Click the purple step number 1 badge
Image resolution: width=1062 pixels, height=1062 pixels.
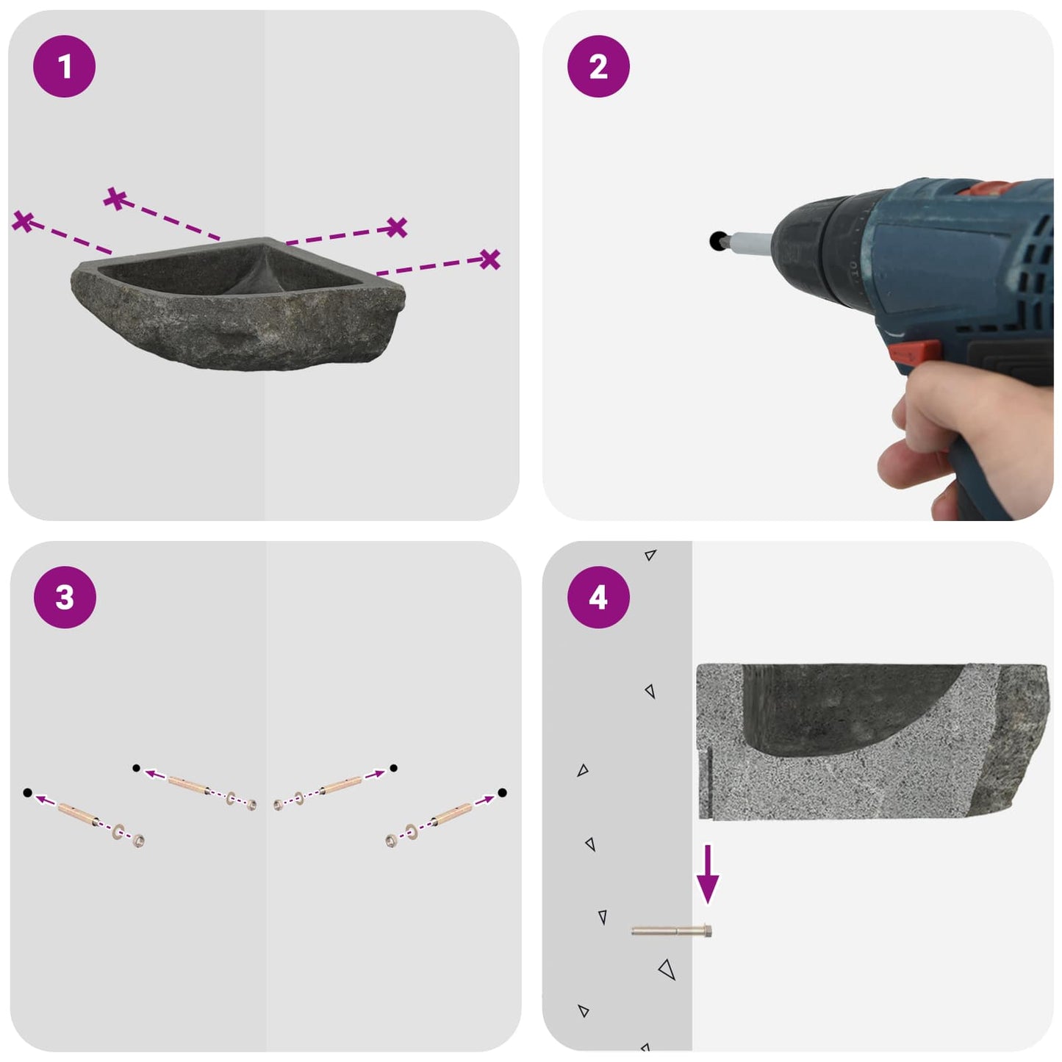(65, 66)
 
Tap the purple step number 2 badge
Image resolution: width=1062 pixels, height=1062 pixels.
(598, 66)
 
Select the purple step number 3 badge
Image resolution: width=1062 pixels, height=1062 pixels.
(65, 598)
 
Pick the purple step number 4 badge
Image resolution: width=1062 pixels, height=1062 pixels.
(598, 598)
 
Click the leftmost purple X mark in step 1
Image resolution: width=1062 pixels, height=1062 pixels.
(23, 221)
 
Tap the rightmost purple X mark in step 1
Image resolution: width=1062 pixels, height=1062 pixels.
(489, 259)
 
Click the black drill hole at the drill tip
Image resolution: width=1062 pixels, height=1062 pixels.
(717, 241)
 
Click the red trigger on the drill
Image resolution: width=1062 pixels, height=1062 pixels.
(914, 351)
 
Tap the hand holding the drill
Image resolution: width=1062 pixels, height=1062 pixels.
(970, 435)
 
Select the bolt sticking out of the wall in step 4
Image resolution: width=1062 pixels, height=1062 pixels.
(671, 931)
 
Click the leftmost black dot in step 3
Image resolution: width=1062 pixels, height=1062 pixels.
(27, 792)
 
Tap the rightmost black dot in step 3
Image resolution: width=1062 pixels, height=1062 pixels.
(502, 792)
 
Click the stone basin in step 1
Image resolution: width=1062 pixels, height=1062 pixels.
(238, 304)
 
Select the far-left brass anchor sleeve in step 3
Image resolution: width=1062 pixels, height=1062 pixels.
(79, 814)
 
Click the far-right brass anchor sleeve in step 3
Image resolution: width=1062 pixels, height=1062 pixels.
(452, 814)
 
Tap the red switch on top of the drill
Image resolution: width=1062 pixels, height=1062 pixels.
(985, 187)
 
